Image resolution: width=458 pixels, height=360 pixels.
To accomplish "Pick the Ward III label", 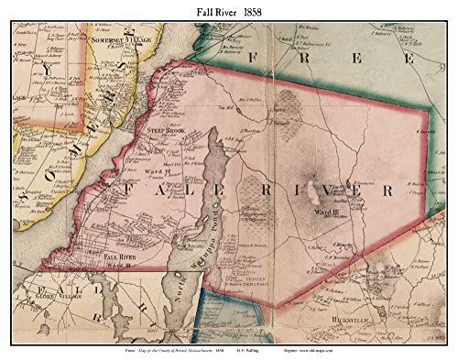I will pos(328,213).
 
